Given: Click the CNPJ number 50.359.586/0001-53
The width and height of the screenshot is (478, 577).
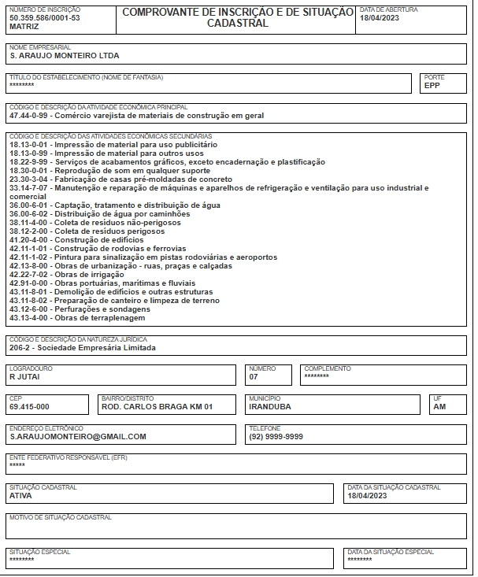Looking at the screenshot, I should tap(44, 17).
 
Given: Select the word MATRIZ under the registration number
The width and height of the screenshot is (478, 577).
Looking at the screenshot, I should tap(23, 26).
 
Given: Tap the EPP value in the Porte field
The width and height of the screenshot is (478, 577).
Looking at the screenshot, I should tap(432, 85).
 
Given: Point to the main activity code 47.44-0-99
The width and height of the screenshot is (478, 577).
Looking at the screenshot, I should tap(29, 115).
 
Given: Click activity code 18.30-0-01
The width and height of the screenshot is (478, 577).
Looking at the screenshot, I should tap(29, 170).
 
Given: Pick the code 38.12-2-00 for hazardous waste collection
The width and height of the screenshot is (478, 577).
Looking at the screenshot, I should tap(29, 231).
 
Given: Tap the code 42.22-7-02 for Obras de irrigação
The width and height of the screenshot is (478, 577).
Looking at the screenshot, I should tap(29, 274).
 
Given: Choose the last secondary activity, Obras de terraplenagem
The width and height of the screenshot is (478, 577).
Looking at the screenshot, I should tap(99, 317).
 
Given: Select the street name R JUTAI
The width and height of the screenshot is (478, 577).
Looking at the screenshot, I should tap(24, 376).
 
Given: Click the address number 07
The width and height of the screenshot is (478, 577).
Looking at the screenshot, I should tap(254, 376).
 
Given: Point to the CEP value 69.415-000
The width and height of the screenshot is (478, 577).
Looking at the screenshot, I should tap(29, 406).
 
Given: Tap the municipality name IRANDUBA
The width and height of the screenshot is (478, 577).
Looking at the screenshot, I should tap(270, 406).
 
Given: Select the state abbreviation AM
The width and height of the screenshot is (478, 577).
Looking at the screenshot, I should tap(439, 406).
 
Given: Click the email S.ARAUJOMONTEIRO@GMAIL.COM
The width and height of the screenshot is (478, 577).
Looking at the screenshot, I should tap(78, 436).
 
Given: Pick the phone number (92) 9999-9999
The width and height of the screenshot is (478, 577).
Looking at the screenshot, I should tap(276, 436).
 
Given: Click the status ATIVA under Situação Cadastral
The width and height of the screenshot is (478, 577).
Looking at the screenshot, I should tap(20, 496).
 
